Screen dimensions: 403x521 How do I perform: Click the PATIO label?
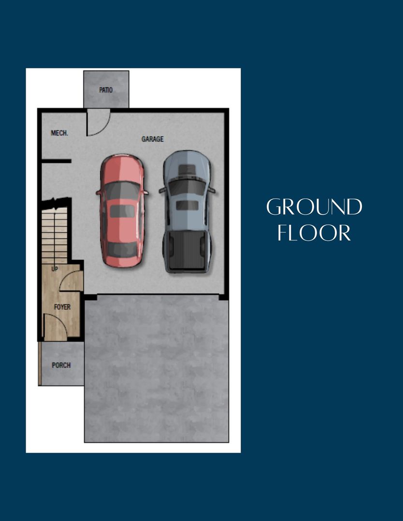click(106, 90)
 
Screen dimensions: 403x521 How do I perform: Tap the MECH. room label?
click(59, 133)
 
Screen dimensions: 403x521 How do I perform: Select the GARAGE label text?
click(152, 139)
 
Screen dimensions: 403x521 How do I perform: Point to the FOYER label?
click(62, 307)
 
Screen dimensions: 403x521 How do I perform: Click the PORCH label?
click(61, 365)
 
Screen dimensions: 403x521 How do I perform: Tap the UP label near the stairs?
click(55, 269)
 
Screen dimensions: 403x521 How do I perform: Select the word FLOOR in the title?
click(314, 233)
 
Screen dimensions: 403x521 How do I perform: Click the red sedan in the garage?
click(122, 211)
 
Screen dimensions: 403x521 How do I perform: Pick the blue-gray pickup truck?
click(187, 212)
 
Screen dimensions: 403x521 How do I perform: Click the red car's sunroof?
click(122, 211)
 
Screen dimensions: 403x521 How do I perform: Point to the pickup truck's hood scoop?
click(187, 169)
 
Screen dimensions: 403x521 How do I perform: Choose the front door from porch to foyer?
click(56, 326)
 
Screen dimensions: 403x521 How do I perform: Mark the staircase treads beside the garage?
click(55, 236)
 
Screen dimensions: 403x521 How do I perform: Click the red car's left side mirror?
click(99, 192)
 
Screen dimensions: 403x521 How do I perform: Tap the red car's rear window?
click(122, 248)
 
